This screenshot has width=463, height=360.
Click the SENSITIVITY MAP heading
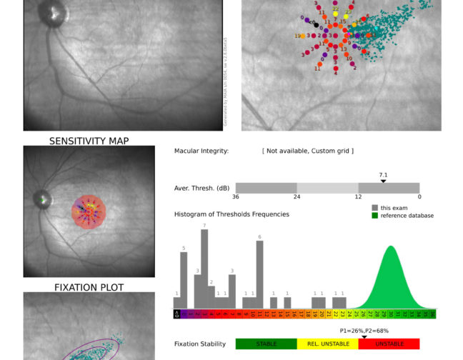click(89, 141)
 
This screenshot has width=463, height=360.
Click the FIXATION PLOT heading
click(89, 287)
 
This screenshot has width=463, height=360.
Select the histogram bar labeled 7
click(204, 269)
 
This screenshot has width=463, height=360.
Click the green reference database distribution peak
click(391, 250)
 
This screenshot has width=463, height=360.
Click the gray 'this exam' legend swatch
click(374, 208)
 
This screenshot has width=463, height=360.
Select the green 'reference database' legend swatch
click(374, 215)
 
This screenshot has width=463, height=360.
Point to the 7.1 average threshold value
click(383, 174)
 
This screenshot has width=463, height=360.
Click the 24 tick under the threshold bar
click(297, 196)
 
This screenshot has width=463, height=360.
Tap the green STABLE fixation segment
click(266, 344)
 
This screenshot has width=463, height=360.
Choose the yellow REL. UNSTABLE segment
click(327, 344)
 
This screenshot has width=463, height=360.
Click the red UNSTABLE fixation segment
click(389, 344)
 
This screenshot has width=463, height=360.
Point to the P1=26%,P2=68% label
click(364, 331)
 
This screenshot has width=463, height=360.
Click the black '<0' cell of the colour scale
click(176, 314)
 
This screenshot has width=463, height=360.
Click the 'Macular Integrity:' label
click(201, 151)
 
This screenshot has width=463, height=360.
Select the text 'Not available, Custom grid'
click(308, 151)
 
